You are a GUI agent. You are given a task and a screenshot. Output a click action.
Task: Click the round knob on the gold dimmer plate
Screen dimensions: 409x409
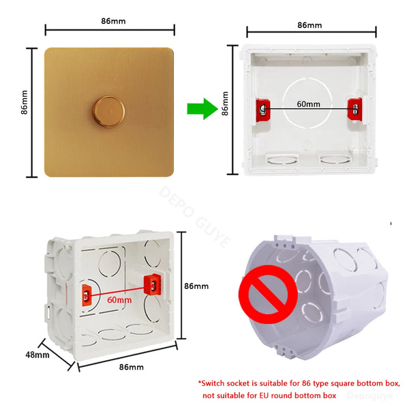tap(109, 112)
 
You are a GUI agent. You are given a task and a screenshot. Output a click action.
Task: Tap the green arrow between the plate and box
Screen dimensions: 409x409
tap(202, 109)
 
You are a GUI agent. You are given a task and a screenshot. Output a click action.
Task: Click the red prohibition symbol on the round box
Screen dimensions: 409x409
tap(268, 294)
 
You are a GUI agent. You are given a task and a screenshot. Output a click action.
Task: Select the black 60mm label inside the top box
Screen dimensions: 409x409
tap(308, 104)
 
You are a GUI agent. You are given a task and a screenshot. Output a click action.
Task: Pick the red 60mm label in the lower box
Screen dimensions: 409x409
tap(119, 300)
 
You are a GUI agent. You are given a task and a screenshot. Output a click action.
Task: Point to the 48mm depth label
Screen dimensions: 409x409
tap(37, 354)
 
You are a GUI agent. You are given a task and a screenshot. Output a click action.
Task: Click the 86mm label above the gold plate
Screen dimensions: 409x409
tap(113, 21)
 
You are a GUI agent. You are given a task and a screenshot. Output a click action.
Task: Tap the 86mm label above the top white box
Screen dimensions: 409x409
tap(309, 25)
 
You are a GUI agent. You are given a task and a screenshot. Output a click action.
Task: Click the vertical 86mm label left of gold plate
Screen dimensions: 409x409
tap(24, 102)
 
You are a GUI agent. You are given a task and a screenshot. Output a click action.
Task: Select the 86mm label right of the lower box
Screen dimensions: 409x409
tap(196, 286)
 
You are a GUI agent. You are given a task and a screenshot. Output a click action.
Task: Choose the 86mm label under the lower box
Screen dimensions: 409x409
tap(131, 367)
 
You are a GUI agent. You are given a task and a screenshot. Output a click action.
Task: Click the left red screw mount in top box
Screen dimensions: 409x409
tap(263, 110)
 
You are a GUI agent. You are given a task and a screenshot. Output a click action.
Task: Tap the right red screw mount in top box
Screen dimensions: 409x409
tap(354, 109)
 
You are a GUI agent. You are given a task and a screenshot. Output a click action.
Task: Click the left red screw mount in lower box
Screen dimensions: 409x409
tap(87, 295)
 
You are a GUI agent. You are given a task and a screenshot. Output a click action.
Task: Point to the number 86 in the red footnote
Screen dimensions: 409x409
tap(307, 383)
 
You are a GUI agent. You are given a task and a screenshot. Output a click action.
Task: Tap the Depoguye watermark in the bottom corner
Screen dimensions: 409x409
tap(370, 395)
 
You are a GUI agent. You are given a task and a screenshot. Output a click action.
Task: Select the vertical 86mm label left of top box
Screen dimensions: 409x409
tap(225, 104)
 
